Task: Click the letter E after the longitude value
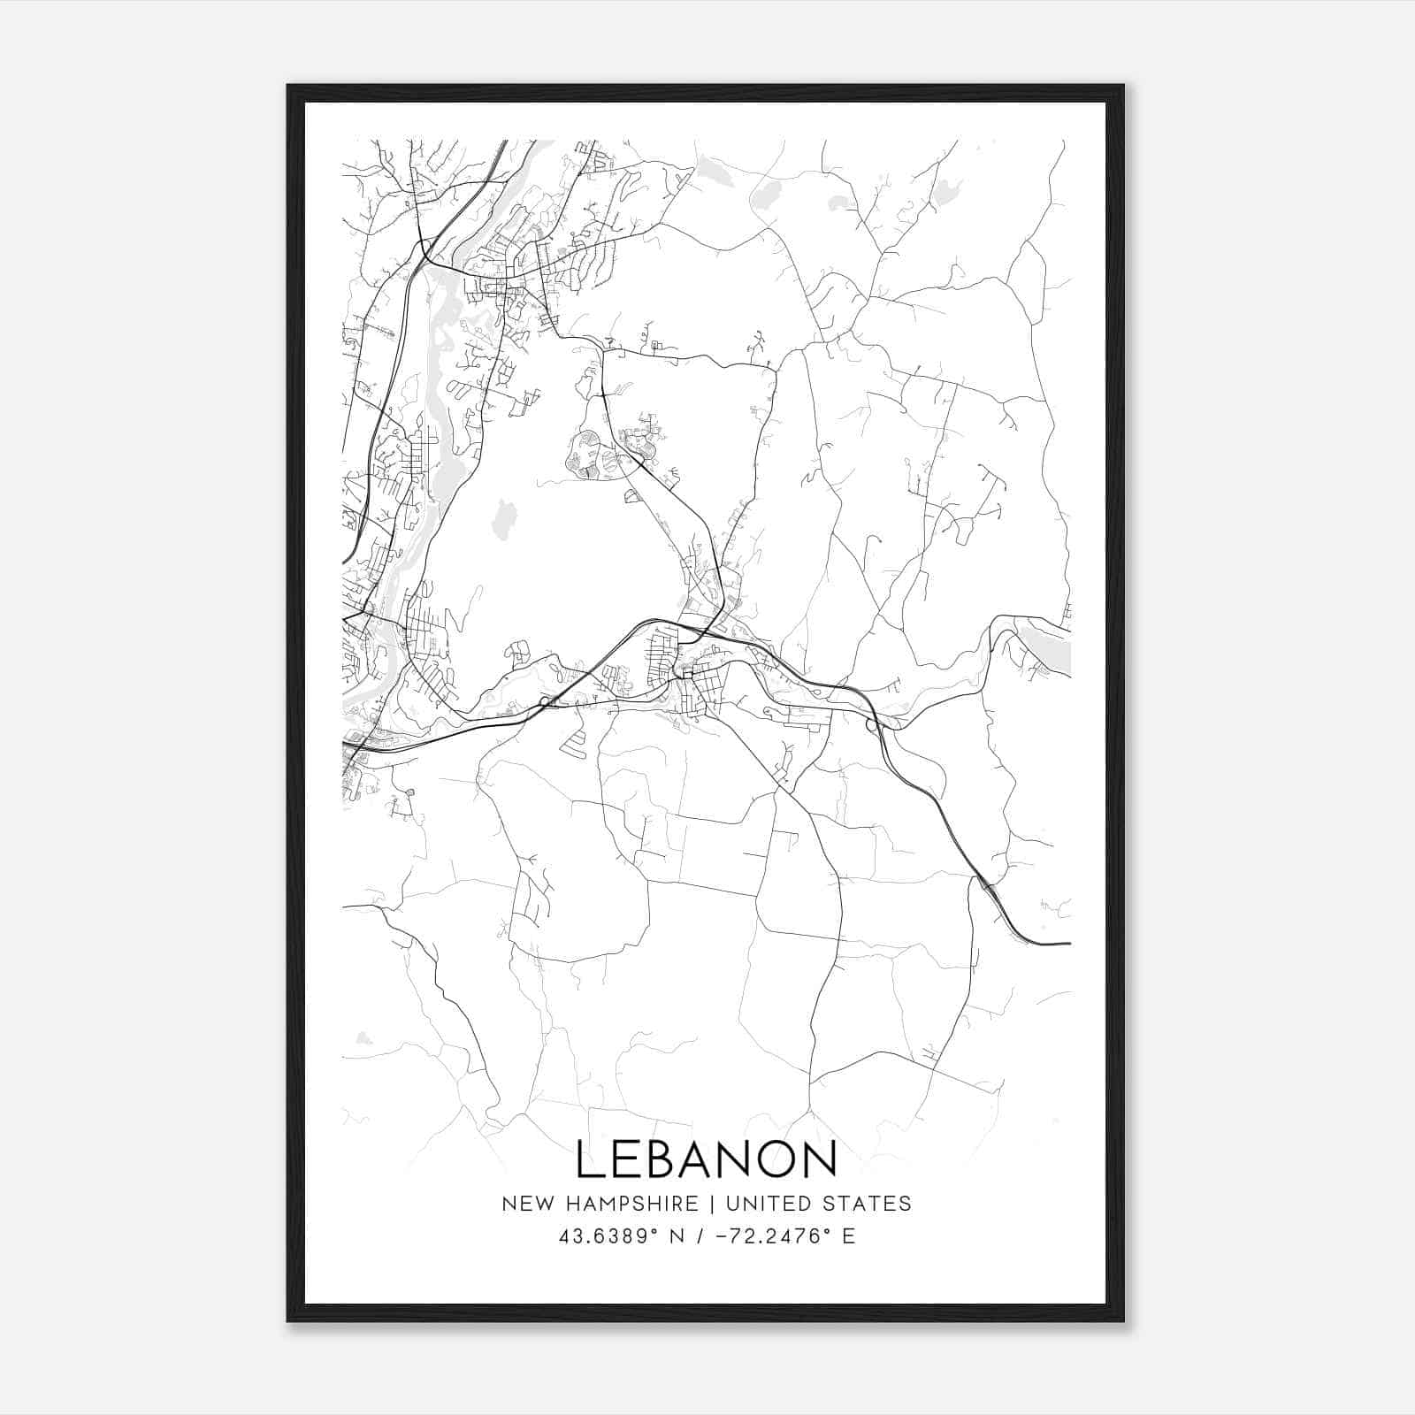[848, 1236]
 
